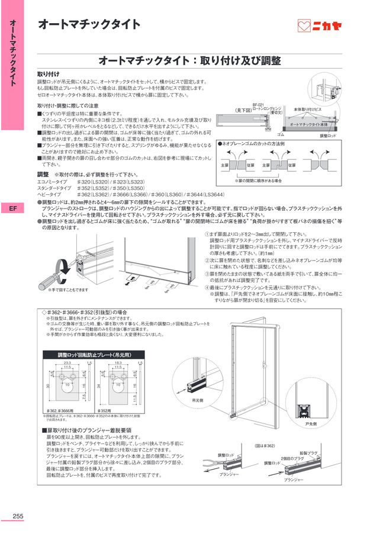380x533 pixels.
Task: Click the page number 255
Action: point(18,516)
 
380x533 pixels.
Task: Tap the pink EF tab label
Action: point(13,208)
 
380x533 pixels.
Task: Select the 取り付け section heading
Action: point(48,73)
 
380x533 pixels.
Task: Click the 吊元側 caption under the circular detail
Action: point(198,400)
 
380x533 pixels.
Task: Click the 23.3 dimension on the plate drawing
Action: point(66,362)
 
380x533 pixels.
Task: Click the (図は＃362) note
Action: point(264,445)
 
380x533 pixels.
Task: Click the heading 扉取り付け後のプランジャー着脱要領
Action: point(86,431)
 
